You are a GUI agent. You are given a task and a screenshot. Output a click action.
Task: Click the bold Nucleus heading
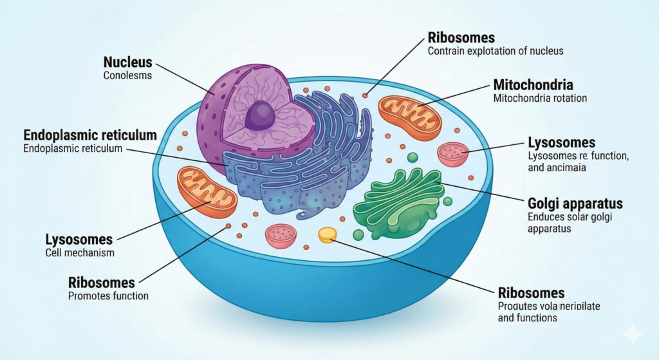point(127,62)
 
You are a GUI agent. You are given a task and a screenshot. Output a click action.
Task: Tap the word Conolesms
point(127,75)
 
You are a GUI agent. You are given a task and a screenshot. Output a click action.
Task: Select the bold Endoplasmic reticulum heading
point(90,135)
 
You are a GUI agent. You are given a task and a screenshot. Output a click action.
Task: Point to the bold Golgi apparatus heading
point(575,204)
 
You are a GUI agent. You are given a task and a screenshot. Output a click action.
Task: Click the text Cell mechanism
point(80,252)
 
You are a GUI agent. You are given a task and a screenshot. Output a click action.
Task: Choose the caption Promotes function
point(108,296)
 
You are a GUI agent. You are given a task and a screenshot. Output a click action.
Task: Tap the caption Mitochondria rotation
point(539,99)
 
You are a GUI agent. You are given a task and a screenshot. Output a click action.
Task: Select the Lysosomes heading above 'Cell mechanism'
point(79,239)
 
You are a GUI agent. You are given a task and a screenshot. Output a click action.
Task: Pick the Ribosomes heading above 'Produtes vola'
point(532,292)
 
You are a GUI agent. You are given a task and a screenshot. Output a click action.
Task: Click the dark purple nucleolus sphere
point(261,117)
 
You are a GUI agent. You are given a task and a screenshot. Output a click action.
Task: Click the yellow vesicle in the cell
point(328,235)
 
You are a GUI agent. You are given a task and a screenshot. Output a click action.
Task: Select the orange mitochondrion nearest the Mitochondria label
point(409,117)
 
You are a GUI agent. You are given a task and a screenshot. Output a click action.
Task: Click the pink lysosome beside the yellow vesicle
point(281,236)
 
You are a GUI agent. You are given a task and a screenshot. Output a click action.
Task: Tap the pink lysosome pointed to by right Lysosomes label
point(453,155)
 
